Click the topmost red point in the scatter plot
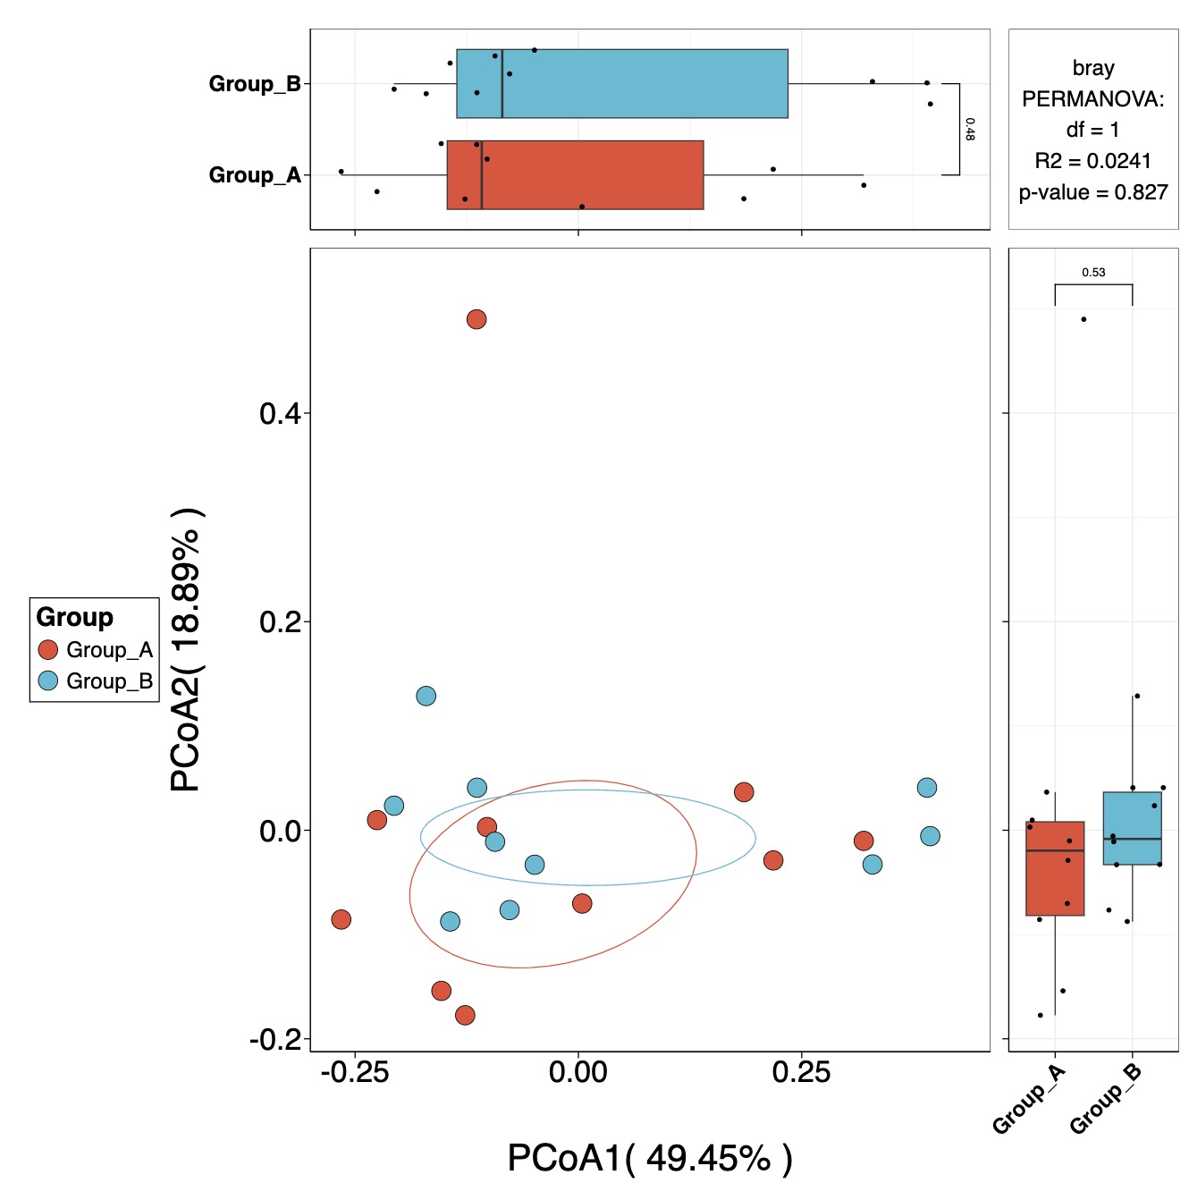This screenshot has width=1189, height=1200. tap(476, 319)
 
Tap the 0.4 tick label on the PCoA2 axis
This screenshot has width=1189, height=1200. tap(279, 414)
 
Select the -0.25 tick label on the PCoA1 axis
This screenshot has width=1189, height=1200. tap(355, 1072)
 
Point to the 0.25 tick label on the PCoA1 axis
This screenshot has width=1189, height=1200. tap(801, 1072)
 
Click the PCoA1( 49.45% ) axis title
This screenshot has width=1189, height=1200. tap(650, 1158)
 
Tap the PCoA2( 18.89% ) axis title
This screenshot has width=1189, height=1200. tap(185, 650)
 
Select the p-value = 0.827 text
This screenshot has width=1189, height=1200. tap(1093, 192)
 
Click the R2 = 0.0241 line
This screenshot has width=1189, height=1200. tap(1093, 161)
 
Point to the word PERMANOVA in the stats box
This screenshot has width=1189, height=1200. tap(1093, 99)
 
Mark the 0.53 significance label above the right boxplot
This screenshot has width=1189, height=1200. tap(1093, 273)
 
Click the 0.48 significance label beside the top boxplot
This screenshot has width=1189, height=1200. tap(970, 129)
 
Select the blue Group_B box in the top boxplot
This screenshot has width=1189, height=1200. tap(622, 84)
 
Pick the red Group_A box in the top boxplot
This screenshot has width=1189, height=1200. tap(575, 175)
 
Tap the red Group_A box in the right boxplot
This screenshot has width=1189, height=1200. tap(1055, 868)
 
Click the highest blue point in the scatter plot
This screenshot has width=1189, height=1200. tap(426, 696)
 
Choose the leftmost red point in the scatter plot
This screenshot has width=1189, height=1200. tap(341, 919)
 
